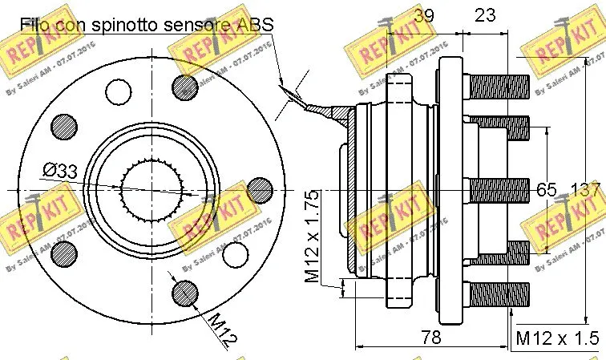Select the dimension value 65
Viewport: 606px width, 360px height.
545,190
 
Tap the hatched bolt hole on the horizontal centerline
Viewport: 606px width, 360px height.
259,190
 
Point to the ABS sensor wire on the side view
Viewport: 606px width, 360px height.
321,110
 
